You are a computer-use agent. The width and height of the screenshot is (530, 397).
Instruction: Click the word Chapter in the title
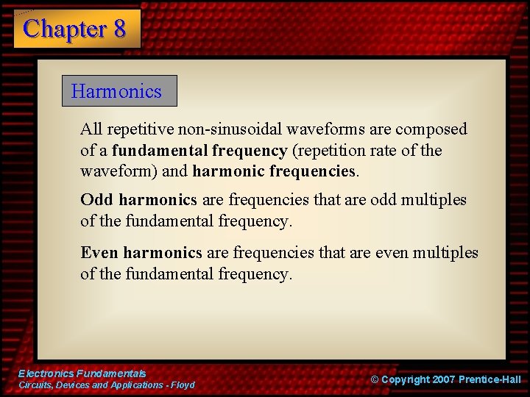click(x=65, y=29)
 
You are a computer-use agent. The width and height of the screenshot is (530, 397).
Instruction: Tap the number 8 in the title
click(x=119, y=29)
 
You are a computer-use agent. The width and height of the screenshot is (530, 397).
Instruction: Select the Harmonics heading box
click(x=119, y=91)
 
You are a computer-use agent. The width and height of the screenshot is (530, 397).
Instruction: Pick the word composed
click(x=431, y=129)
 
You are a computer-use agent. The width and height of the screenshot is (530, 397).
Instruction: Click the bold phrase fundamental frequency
click(x=199, y=151)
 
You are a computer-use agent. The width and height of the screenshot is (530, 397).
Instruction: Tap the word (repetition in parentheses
click(x=329, y=151)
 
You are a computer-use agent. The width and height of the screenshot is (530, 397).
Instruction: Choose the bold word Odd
click(x=96, y=200)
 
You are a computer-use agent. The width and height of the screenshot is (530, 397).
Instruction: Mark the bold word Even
click(x=99, y=253)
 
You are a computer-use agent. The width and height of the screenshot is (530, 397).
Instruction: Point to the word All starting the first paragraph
click(x=91, y=129)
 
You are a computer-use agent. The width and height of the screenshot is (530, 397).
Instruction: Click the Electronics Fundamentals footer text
click(x=82, y=373)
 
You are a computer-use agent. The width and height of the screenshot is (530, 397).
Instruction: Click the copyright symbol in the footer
click(x=374, y=379)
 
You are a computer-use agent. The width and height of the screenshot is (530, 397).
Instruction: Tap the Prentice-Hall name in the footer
click(x=490, y=379)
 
